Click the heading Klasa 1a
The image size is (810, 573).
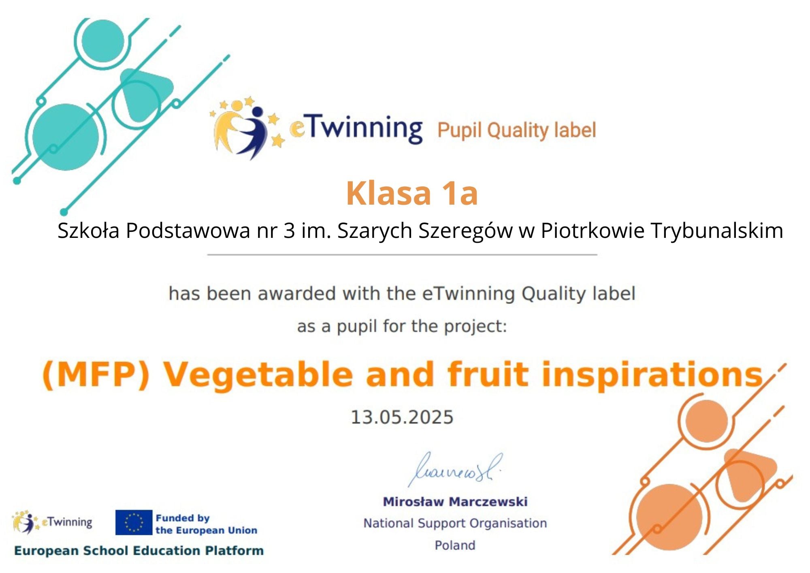tap(412, 193)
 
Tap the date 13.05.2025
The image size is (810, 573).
tap(402, 417)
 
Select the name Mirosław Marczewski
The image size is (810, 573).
tap(455, 502)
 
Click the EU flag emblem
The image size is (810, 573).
tap(134, 522)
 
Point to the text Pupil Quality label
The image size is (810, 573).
tap(517, 130)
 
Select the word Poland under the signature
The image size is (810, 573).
tap(455, 545)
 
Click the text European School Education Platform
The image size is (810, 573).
tap(139, 551)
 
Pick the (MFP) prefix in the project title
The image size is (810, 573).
tap(96, 375)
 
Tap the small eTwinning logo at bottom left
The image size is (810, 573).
tap(52, 522)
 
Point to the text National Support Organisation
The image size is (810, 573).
tap(455, 523)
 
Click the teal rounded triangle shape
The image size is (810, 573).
tap(146, 95)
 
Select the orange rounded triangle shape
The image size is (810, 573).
tap(750, 475)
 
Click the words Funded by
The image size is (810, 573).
tap(183, 518)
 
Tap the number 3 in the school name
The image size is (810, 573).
tap(289, 231)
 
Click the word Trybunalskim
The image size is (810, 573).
tap(717, 231)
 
